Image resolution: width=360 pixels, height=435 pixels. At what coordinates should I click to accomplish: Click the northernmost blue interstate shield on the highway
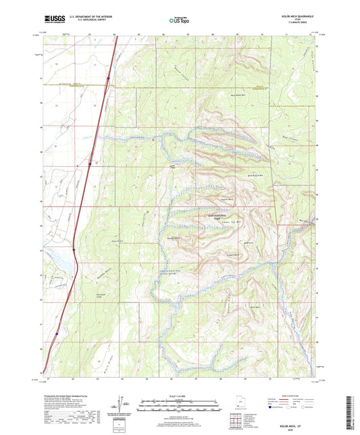coord(107,79)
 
